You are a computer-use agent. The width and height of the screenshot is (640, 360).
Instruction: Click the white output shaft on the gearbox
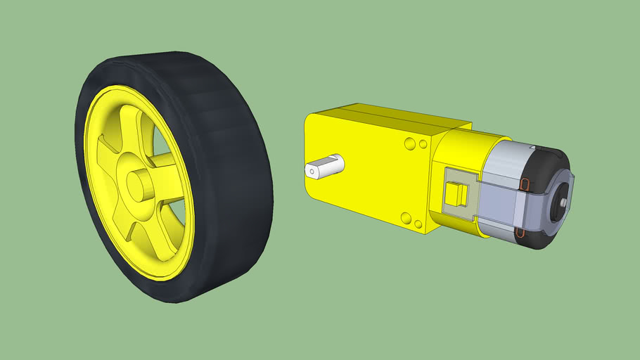pyautogui.click(x=325, y=168)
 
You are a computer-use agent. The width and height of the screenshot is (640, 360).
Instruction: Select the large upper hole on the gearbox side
pyautogui.click(x=409, y=144)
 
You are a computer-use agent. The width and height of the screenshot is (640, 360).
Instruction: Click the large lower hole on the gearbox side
pyautogui.click(x=406, y=217)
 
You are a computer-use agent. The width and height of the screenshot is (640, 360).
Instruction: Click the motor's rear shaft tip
pyautogui.click(x=564, y=203)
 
